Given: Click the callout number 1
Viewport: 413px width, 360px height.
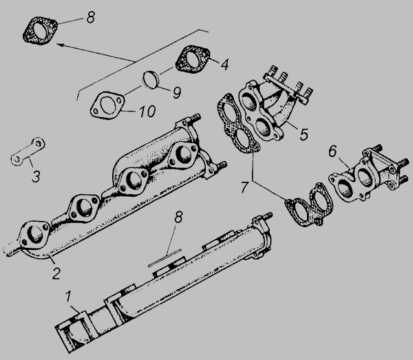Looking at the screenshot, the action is point(68,296).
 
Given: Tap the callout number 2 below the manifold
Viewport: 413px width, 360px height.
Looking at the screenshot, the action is point(56,273).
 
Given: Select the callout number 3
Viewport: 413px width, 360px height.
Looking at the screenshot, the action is point(36,176).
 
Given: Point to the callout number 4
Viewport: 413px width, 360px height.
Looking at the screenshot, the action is point(224,64).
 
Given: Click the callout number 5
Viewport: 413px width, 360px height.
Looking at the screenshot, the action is point(304,134).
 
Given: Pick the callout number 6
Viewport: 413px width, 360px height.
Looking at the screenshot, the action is point(332,151).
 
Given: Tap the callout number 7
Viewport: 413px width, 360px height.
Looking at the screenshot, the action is point(244,187).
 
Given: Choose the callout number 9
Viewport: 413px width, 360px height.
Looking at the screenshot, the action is point(177,93).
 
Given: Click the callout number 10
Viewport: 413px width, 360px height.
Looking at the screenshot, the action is point(147,112).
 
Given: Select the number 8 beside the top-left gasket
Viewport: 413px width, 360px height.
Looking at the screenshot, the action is point(90,18).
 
